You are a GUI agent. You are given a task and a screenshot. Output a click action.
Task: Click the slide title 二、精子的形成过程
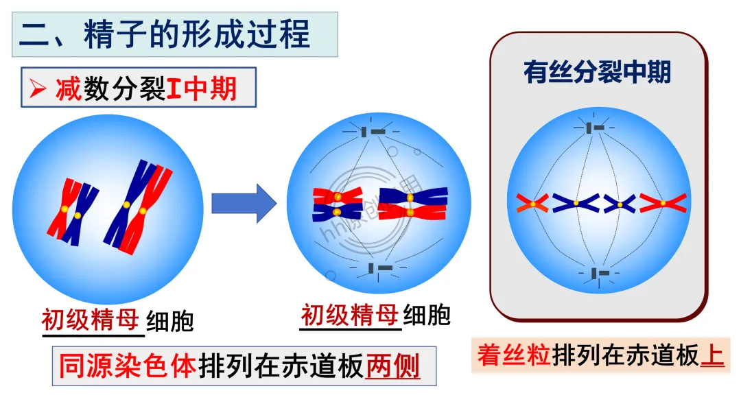165,34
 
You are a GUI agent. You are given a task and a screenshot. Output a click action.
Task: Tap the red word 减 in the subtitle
69,88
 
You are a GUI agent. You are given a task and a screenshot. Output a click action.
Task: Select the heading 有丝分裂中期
596,72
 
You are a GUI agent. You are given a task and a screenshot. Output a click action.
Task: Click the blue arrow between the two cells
243,203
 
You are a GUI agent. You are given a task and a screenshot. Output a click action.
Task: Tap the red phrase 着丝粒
515,355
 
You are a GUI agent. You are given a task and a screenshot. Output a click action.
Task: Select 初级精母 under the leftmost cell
92,320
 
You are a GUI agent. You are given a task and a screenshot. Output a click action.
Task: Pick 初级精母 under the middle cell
350,315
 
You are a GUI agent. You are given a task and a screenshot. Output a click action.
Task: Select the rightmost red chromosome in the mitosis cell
663,202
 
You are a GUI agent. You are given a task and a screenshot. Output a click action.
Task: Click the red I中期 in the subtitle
202,88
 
